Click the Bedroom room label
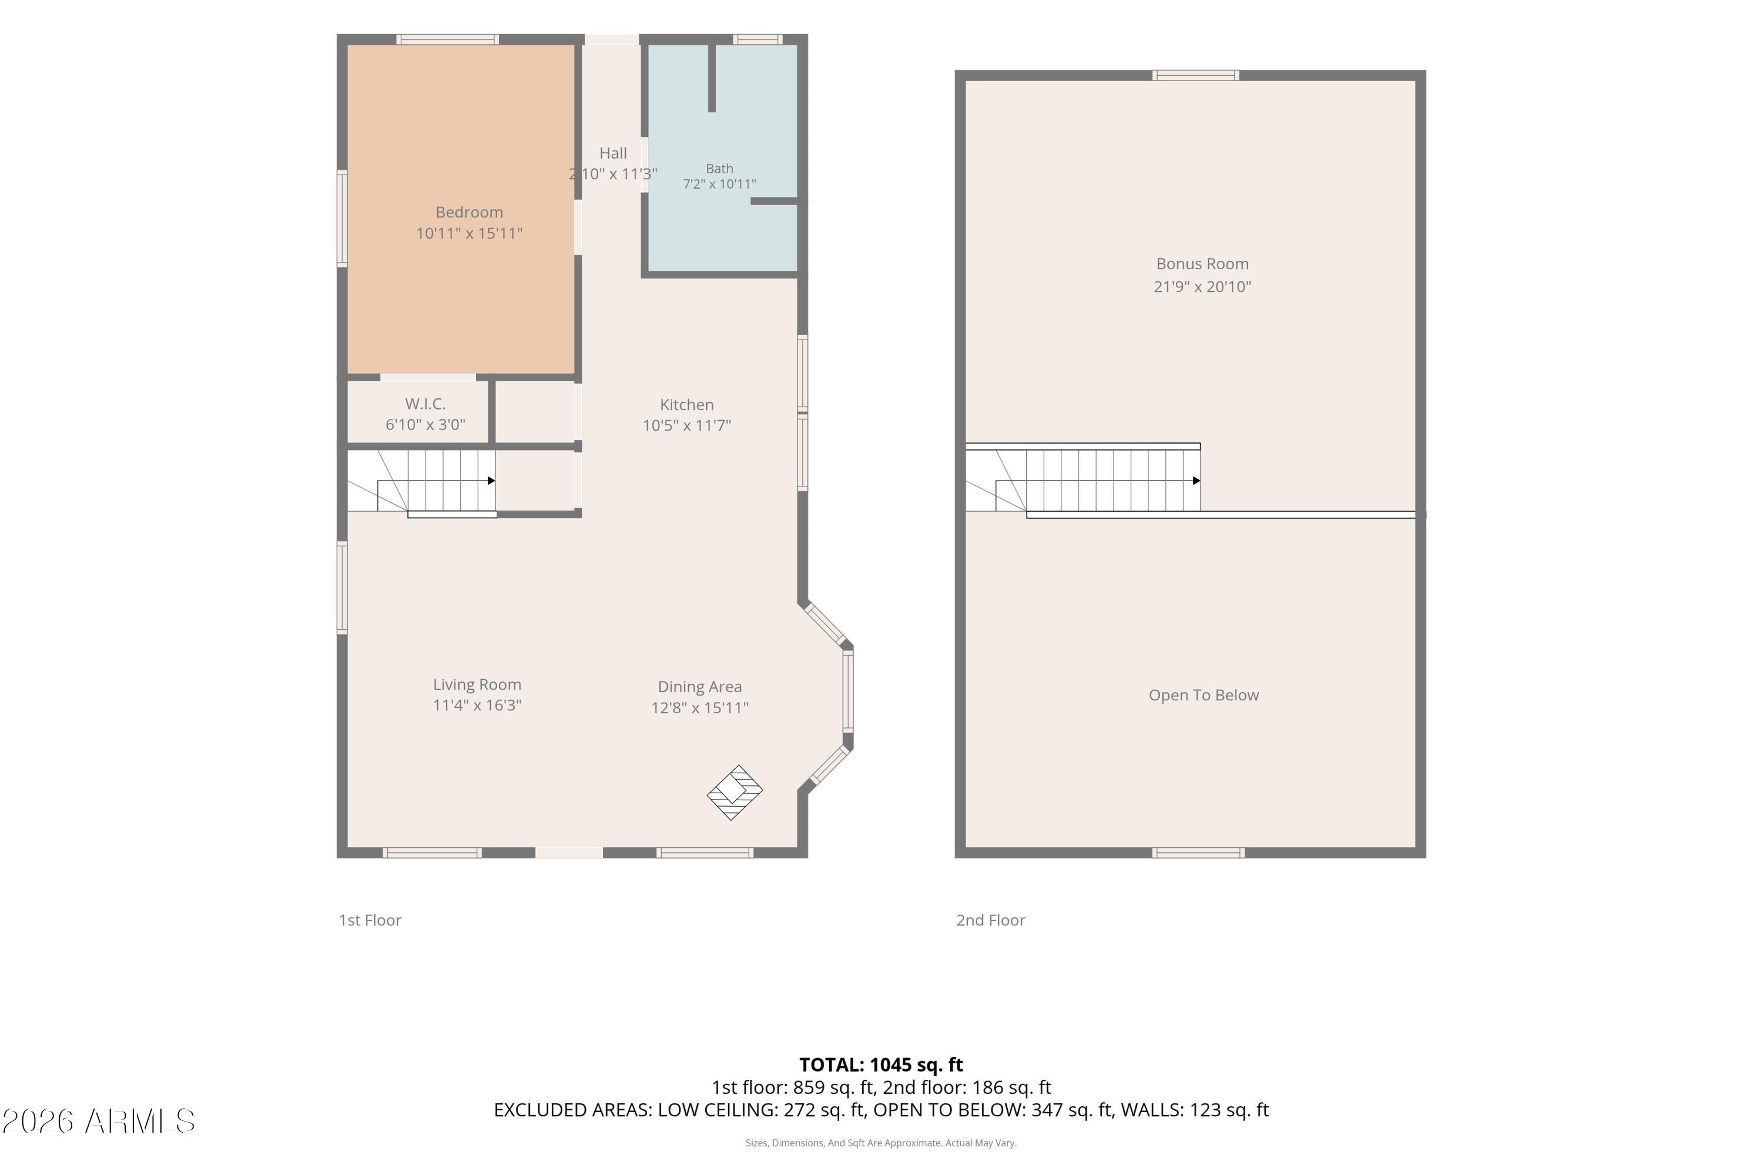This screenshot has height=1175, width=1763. [469, 212]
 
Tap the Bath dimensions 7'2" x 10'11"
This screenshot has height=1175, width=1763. [719, 183]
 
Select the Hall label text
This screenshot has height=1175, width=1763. [613, 153]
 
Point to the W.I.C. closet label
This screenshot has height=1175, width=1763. [425, 404]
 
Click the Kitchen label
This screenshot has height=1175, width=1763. [686, 405]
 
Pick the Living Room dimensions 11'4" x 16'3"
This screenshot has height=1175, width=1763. [477, 705]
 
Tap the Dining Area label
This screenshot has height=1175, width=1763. [700, 686]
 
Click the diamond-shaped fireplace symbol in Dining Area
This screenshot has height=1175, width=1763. [735, 792]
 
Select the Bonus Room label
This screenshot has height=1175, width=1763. [1202, 264]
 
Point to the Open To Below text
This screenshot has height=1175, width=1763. [1204, 696]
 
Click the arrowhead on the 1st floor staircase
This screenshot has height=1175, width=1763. [491, 481]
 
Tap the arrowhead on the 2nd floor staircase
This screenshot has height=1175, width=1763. [1196, 481]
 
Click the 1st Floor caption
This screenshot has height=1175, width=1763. [370, 920]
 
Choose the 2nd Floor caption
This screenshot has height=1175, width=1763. [990, 920]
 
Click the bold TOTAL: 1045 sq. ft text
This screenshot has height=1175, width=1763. [881, 1065]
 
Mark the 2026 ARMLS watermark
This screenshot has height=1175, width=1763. [98, 1121]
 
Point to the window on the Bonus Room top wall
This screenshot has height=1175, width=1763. [1195, 75]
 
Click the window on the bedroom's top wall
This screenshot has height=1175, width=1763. [447, 39]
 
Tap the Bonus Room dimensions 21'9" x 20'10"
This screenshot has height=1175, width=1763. [1202, 286]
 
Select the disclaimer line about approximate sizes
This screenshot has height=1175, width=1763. [881, 1143]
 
